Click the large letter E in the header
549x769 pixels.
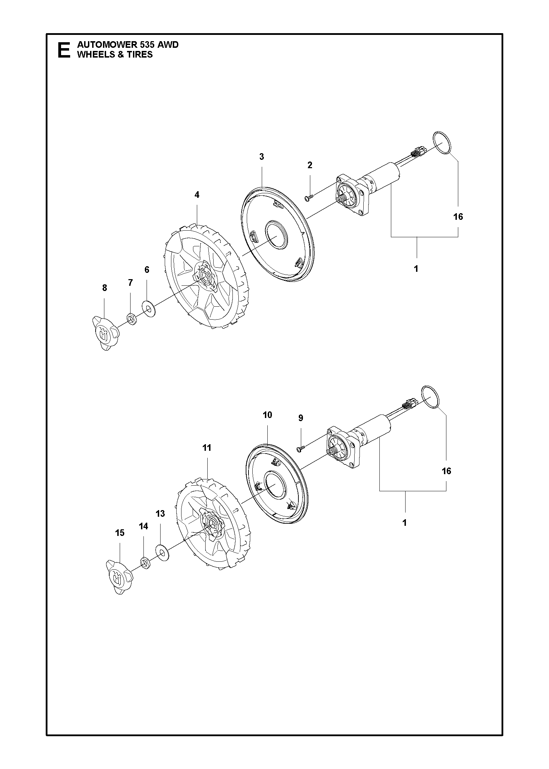point(63,50)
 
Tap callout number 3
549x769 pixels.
point(262,157)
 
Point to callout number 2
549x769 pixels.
point(310,165)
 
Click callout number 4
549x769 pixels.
point(197,195)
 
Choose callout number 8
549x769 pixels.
point(104,288)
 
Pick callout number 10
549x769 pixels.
point(267,415)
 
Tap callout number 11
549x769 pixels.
point(207,447)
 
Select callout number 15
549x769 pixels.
point(120,533)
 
